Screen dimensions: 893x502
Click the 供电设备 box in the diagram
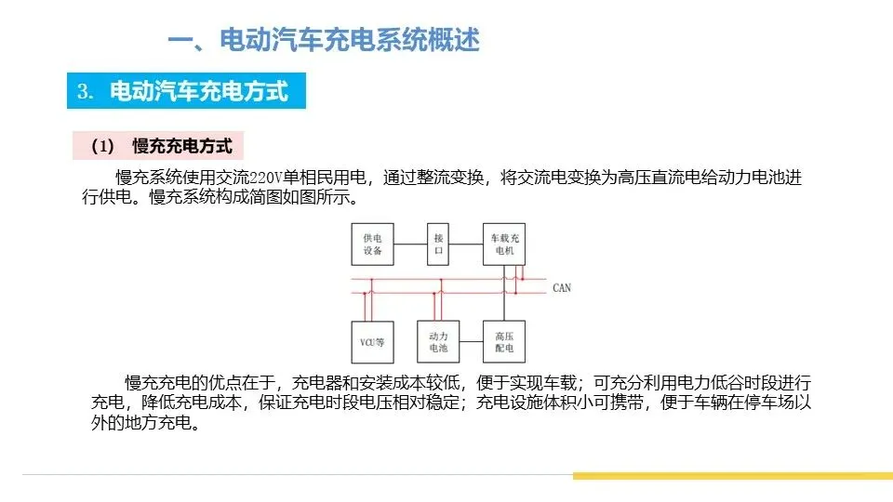click(x=373, y=244)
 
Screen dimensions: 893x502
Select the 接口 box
click(x=439, y=244)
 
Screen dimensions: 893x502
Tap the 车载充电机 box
click(x=504, y=244)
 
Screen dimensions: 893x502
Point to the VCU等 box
click(x=373, y=341)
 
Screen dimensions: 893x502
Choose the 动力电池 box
click(x=439, y=341)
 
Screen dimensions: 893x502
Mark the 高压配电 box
click(x=504, y=341)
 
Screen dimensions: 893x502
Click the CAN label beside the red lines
click(x=562, y=287)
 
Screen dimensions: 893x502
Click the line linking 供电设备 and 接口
click(x=410, y=244)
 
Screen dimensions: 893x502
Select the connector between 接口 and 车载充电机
click(x=467, y=244)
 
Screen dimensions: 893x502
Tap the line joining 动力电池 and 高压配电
click(x=467, y=341)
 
